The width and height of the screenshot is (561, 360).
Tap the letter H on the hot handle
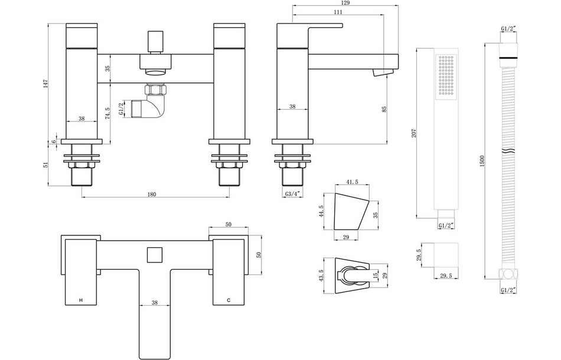pyautogui.click(x=81, y=300)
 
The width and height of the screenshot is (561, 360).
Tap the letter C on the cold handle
pyautogui.click(x=229, y=300)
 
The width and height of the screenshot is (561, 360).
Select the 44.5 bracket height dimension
pyautogui.click(x=321, y=211)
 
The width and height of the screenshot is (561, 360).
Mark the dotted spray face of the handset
pyautogui.click(x=446, y=76)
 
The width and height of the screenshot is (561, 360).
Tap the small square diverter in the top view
pyautogui.click(x=155, y=255)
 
